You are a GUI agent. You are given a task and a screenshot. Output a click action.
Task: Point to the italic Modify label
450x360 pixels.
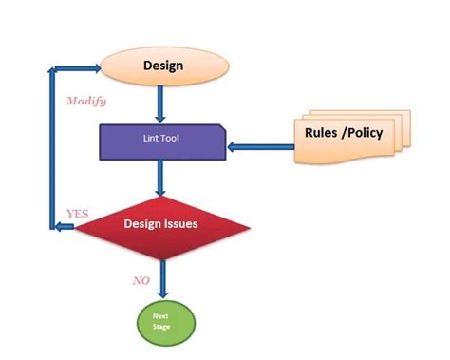pyautogui.click(x=86, y=101)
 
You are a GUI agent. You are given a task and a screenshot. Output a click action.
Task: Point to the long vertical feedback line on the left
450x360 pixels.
pyautogui.click(x=52, y=147)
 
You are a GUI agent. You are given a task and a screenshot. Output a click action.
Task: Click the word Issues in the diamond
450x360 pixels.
pyautogui.click(x=183, y=225)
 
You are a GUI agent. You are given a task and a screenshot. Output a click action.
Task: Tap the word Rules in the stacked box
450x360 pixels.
pyautogui.click(x=321, y=133)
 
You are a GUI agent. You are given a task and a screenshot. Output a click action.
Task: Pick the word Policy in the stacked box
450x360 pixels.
pyautogui.click(x=364, y=133)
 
